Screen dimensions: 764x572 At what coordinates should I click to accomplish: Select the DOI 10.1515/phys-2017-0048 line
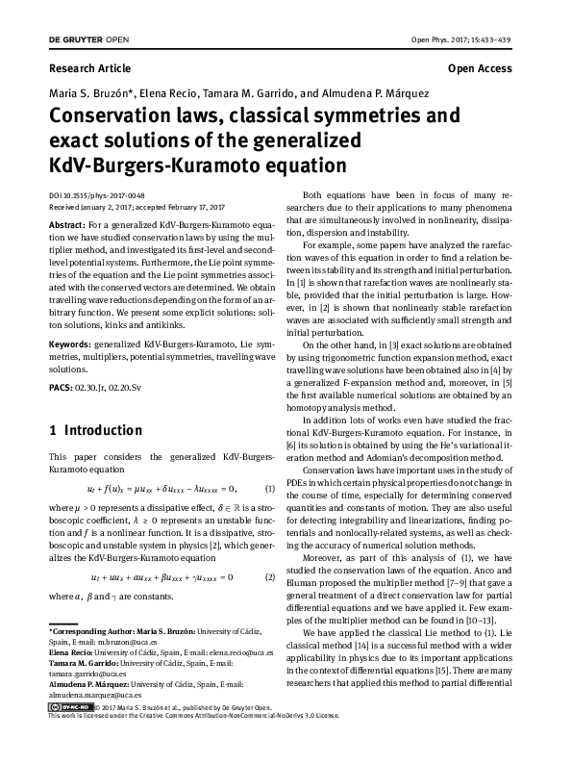coord(96,194)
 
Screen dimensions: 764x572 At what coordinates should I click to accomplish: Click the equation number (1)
coord(270,489)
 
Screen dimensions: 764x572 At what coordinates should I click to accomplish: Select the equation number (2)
coord(270,577)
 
